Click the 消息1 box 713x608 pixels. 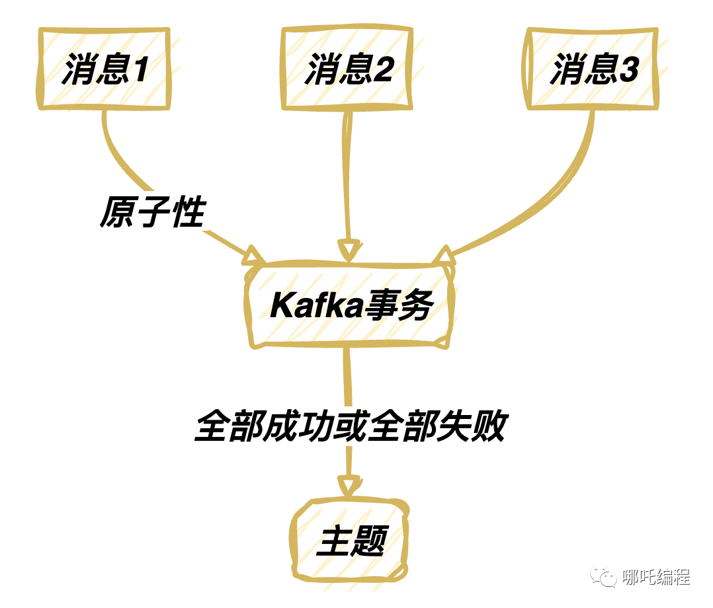click(105, 69)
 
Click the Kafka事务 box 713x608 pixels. click(351, 306)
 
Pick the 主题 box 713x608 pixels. click(351, 542)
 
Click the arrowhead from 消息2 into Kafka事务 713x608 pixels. click(349, 250)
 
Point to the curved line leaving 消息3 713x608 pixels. click(569, 185)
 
